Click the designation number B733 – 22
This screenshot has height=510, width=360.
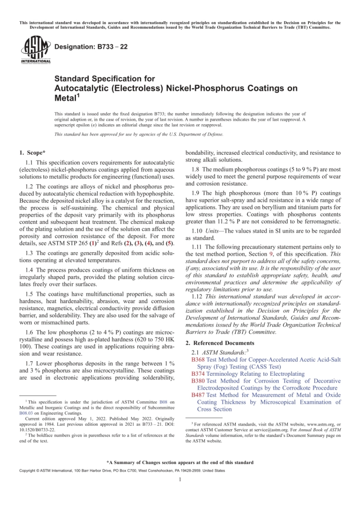[91, 47]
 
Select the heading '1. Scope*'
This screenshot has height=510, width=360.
[32, 153]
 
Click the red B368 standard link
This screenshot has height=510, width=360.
[198, 359]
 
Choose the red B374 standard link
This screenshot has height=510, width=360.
[198, 374]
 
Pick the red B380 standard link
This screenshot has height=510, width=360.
[198, 381]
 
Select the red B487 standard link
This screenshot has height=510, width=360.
[198, 395]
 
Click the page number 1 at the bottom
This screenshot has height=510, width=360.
[180, 479]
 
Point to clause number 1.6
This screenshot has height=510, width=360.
[29, 332]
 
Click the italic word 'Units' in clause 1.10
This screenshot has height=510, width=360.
[212, 231]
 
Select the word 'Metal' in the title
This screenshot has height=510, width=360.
[66, 98]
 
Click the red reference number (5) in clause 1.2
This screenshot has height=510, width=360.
[170, 243]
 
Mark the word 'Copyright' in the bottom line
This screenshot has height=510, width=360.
[27, 471]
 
